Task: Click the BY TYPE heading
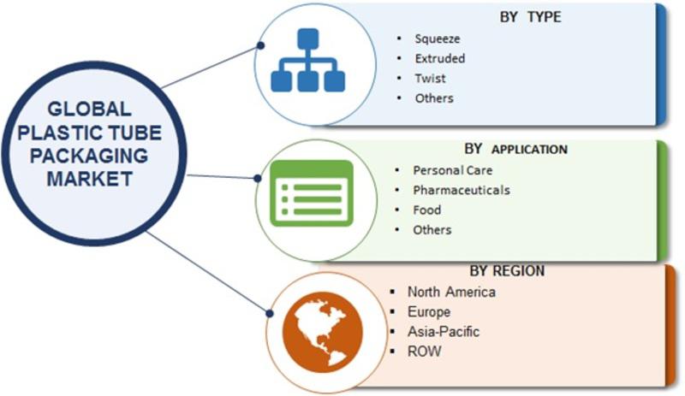click(530, 17)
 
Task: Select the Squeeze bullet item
click(438, 38)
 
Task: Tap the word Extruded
click(440, 58)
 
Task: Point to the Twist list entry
click(431, 79)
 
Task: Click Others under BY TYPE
click(434, 98)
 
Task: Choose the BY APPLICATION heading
click(516, 150)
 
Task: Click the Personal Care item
click(453, 170)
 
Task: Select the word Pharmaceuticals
click(462, 190)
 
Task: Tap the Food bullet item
click(426, 210)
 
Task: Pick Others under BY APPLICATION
click(432, 230)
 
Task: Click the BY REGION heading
click(507, 270)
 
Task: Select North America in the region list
click(451, 292)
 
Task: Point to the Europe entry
click(429, 311)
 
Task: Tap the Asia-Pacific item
click(444, 331)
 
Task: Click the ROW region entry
click(424, 351)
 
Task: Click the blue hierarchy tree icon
click(308, 60)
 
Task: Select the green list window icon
click(312, 193)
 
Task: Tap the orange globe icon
click(323, 332)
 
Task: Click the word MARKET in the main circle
click(90, 179)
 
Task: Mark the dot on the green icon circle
click(258, 178)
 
